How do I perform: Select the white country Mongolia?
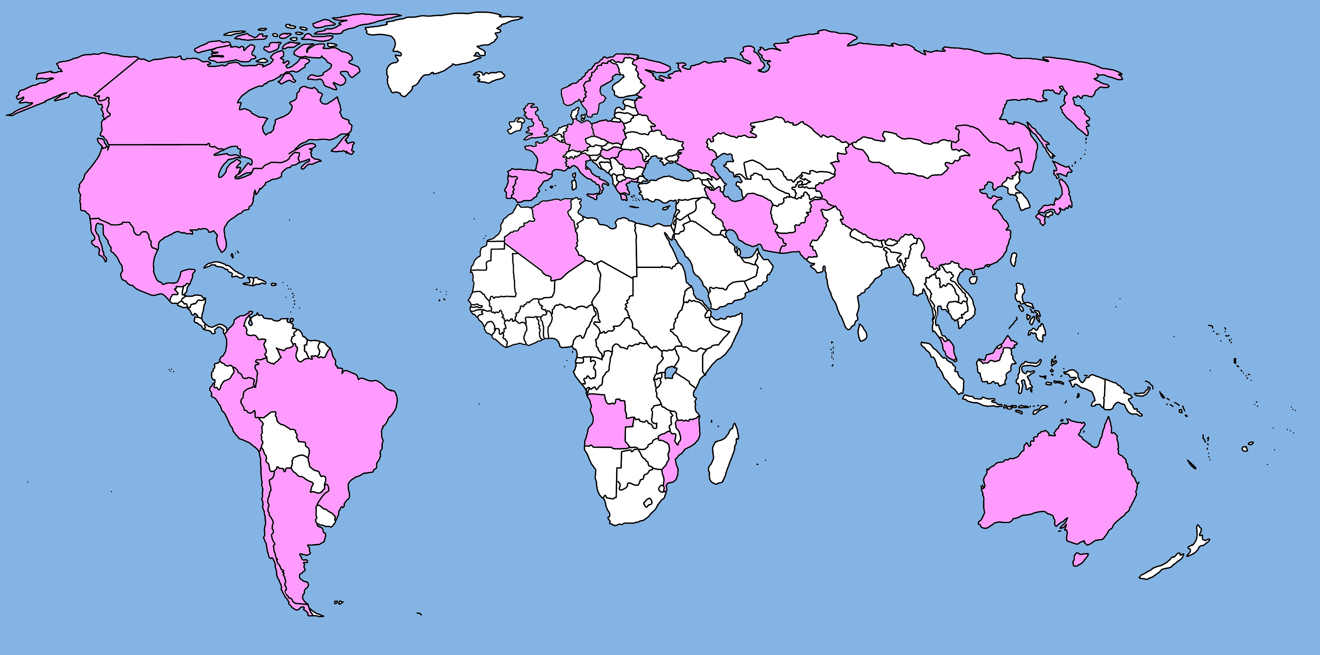click(907, 154)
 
